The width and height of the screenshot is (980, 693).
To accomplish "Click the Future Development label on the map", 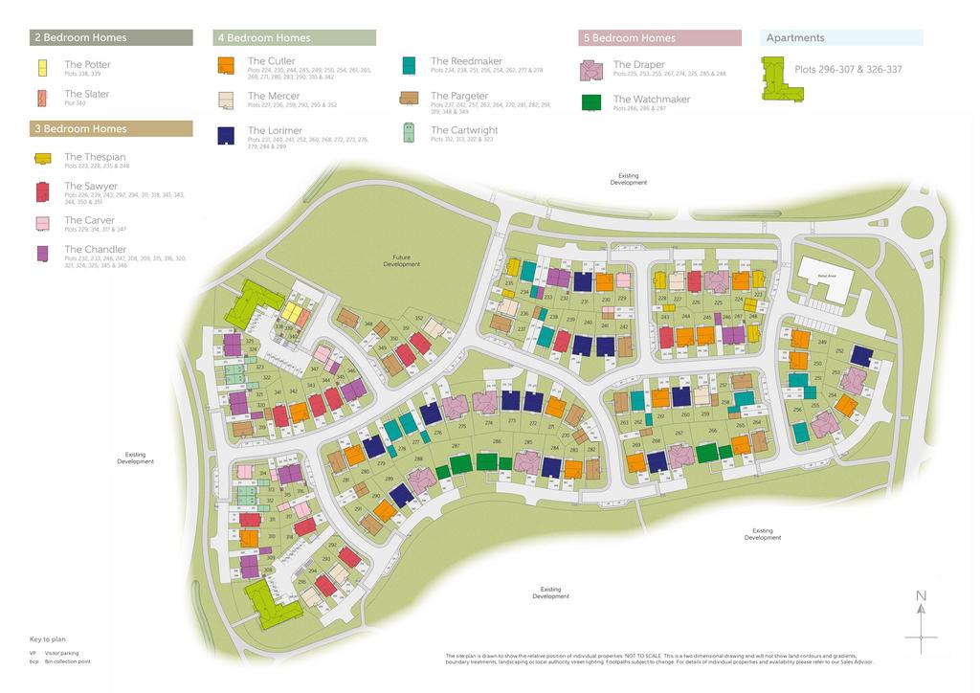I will pos(401,260).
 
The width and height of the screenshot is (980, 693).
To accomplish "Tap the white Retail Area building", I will pos(826,279).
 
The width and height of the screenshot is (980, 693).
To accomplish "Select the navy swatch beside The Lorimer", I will pos(227,135).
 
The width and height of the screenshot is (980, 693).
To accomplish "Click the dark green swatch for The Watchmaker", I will pos(591,102).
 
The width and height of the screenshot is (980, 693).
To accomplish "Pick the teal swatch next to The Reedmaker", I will pos(409,65).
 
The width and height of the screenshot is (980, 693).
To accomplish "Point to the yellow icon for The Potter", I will pos(42,68).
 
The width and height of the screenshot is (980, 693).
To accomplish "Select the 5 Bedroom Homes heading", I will pos(659,38).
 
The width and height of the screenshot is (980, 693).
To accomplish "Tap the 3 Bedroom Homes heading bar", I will pos(111,128).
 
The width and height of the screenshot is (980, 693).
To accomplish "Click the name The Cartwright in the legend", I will pos(464,130).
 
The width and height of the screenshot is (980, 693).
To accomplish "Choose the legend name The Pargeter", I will pos(459,96).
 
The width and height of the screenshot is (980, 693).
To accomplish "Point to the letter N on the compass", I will pos(921,596).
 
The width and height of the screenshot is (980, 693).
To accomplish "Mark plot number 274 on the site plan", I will pos(489,422).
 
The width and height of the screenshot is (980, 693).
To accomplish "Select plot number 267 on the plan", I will pos(679,433).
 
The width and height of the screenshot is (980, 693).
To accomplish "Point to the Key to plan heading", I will pos(48,638).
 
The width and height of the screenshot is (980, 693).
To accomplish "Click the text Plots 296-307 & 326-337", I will pos(848,69).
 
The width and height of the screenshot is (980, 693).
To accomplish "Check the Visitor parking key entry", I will pos(61,652).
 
